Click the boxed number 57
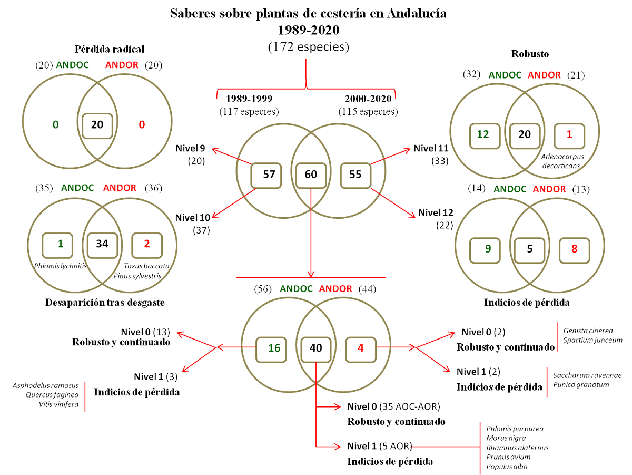[x=269, y=175]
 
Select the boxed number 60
[x=311, y=175]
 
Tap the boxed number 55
[x=355, y=175]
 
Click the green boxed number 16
[x=274, y=348]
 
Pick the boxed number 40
[x=315, y=348]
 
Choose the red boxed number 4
[x=361, y=348]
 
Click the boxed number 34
[x=102, y=244]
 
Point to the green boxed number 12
[x=483, y=134]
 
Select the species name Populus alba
[x=507, y=467]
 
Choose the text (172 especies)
[x=309, y=46]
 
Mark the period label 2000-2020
[x=367, y=99]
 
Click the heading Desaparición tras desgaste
[x=105, y=303]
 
